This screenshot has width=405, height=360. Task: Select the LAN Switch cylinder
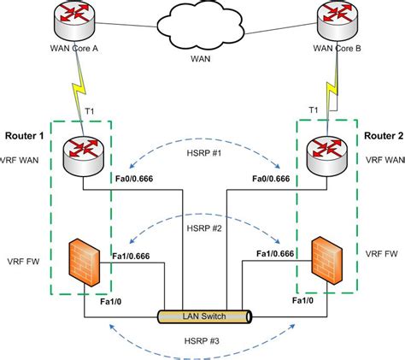pos(202,316)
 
